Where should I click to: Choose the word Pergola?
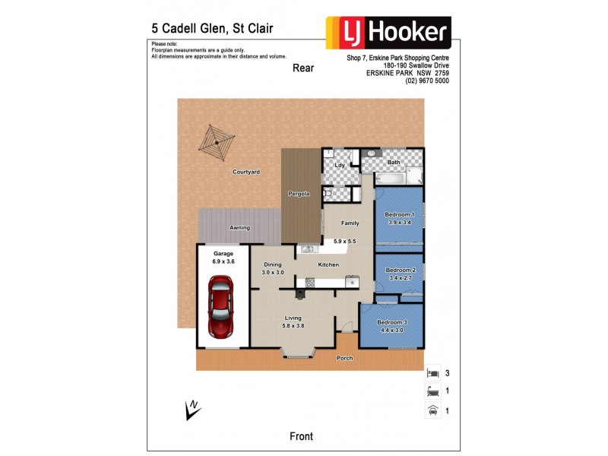pos(298,194)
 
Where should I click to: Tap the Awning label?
pos(240,228)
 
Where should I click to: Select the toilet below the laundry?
pos(328,193)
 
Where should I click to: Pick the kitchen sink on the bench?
pos(309,248)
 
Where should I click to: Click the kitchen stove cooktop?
pos(309,283)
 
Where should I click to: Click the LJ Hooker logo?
pos(388,33)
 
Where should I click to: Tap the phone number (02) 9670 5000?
pos(426,81)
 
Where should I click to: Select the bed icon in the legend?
pos(433,373)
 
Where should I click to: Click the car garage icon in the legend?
pos(433,410)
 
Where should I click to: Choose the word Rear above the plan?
pos(303,68)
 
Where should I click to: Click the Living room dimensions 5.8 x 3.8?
pos(293,326)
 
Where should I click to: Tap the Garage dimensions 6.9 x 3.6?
pos(223,261)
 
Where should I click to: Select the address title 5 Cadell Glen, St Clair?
pos(212,29)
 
